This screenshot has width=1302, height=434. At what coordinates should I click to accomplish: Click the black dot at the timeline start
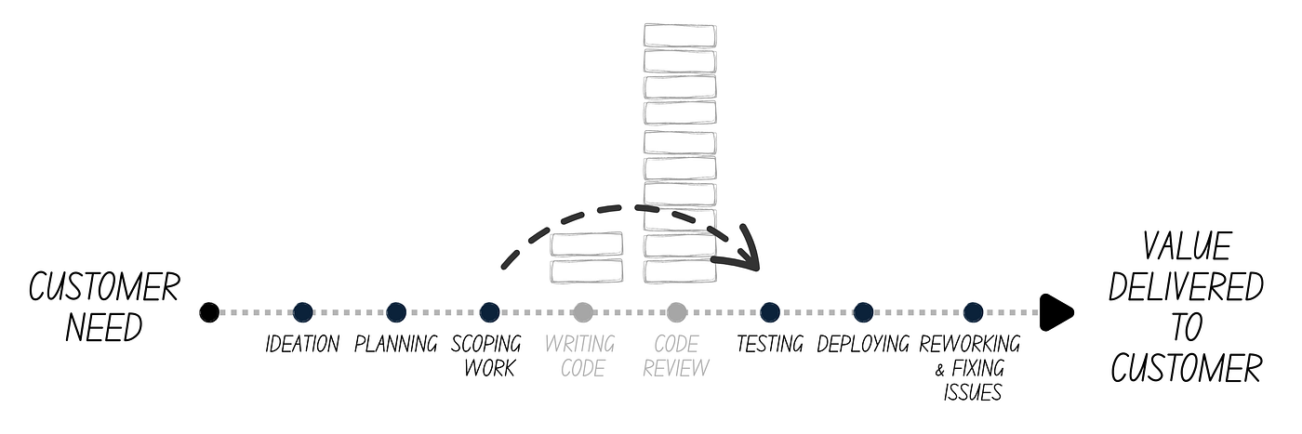[x=210, y=312]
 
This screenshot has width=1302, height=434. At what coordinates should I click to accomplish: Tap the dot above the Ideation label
[x=302, y=312]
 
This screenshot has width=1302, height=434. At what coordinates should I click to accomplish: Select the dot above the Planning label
[x=396, y=312]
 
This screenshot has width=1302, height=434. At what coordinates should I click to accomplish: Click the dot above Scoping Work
[x=489, y=312]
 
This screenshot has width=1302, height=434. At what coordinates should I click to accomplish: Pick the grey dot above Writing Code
[x=583, y=312]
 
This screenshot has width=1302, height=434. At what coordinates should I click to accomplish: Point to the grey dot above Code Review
[x=676, y=312]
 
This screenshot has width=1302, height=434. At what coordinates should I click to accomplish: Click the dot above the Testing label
[x=769, y=312]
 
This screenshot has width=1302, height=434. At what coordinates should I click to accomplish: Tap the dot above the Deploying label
[x=863, y=312]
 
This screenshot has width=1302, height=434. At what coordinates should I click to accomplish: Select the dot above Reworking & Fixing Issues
[x=973, y=312]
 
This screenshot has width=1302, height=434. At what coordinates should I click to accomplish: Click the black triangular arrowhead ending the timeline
[x=1056, y=312]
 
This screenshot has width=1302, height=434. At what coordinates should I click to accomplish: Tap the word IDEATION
[x=302, y=345]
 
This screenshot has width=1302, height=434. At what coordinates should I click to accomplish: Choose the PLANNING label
[x=396, y=345]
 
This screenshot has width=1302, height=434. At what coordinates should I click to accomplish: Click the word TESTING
[x=769, y=345]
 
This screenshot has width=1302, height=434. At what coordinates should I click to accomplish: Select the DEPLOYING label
[x=863, y=345]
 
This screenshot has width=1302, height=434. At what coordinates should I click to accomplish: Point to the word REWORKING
[x=970, y=345]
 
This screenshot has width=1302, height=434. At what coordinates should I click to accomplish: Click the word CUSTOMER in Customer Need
[x=103, y=288]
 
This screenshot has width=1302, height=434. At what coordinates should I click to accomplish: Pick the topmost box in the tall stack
[x=680, y=36]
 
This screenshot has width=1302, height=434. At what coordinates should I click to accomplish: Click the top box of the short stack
[x=587, y=244]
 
